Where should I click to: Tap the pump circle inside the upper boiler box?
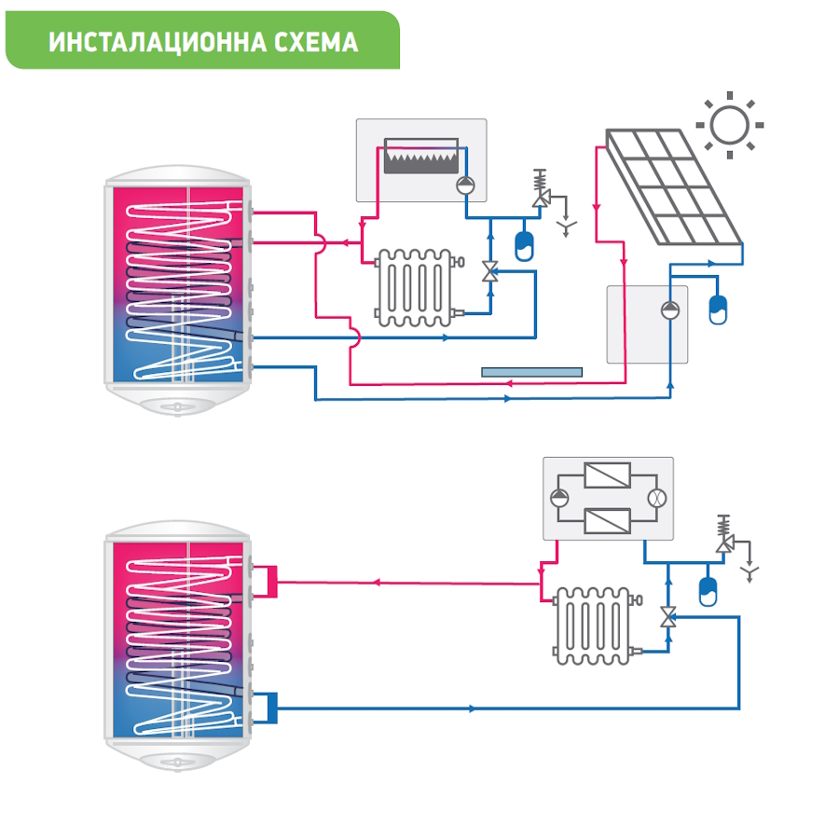click(x=464, y=184)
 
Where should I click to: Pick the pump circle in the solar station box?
click(x=670, y=310)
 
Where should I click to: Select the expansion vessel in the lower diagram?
click(x=708, y=588)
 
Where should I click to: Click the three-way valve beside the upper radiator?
click(x=488, y=272)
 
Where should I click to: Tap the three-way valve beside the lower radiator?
click(x=667, y=616)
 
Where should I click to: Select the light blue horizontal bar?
click(x=531, y=371)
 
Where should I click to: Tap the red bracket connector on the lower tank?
click(x=269, y=581)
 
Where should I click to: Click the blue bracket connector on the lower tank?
click(x=268, y=707)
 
